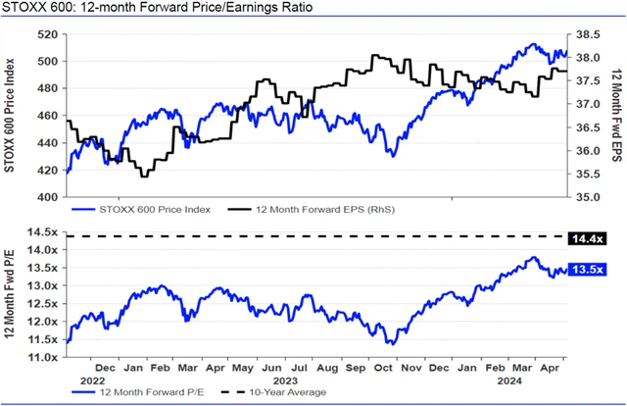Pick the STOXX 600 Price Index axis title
tap(12, 116)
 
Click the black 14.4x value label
tap(592, 237)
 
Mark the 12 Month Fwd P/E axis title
tap(12, 294)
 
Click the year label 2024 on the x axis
tap(508, 381)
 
